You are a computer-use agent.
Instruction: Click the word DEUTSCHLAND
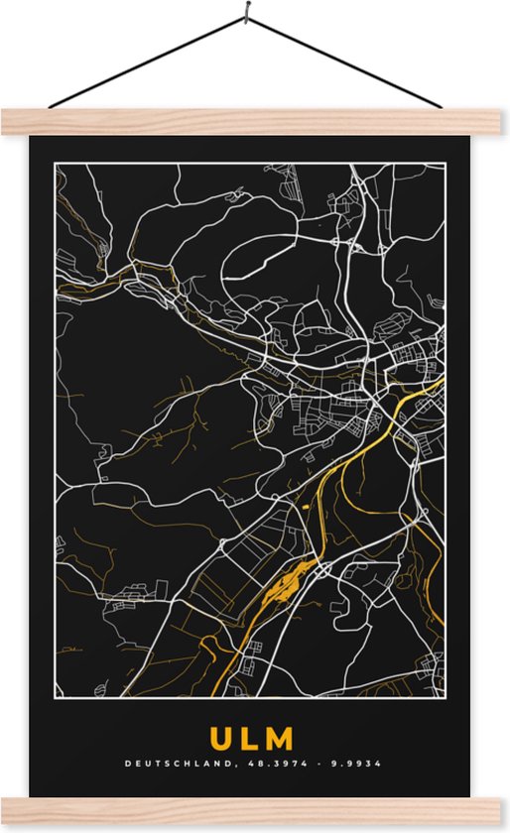(169, 764)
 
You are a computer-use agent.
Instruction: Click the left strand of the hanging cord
(149, 59)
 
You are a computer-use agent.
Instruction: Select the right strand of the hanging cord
(342, 59)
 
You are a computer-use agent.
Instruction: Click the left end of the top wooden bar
(8, 122)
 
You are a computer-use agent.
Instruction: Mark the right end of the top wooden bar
(501, 122)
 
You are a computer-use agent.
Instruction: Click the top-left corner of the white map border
(56, 165)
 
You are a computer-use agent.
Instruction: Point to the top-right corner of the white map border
(445, 165)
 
